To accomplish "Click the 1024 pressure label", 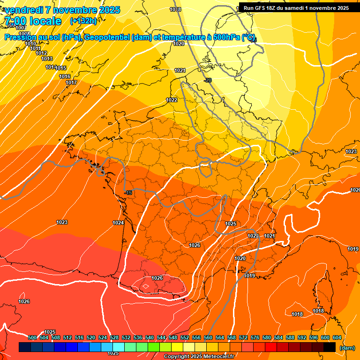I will point(118,223).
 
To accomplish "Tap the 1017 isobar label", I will point(71,83).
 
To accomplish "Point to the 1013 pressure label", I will point(47,59).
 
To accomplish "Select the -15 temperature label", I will point(128,193).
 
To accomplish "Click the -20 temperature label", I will point(208,80).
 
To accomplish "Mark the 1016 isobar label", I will point(65,76).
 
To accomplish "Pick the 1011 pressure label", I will point(35,48).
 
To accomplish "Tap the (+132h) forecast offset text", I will point(83,21).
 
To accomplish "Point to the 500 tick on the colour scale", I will point(32,337).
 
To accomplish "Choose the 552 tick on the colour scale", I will point(185,337).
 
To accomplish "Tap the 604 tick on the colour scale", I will point(337,337).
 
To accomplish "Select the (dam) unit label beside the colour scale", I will point(347,347).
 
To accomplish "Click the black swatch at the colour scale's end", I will point(330,347).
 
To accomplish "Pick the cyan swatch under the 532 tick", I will point(119,347).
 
